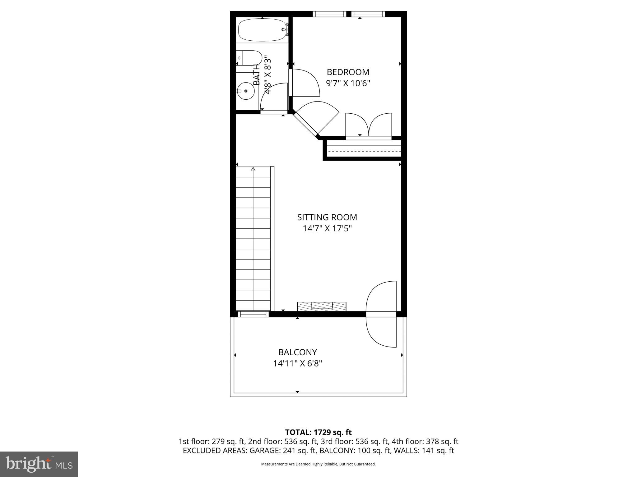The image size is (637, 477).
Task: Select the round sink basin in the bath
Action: pos(245,91)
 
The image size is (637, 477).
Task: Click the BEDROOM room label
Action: pos(348,72)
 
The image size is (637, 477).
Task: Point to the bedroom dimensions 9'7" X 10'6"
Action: pos(348,84)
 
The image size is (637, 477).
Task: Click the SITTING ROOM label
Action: pos(327,217)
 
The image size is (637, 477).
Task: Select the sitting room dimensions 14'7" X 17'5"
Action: pos(327,229)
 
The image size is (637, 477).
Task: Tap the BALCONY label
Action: pos(297,352)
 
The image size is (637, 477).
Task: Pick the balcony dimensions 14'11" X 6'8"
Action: pos(297,363)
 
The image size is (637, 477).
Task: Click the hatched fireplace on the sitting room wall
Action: pos(322,306)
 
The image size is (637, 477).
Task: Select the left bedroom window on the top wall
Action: pos(329,14)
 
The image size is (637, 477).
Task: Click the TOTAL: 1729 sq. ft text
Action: pos(318,432)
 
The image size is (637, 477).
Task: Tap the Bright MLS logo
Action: pos(39,464)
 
